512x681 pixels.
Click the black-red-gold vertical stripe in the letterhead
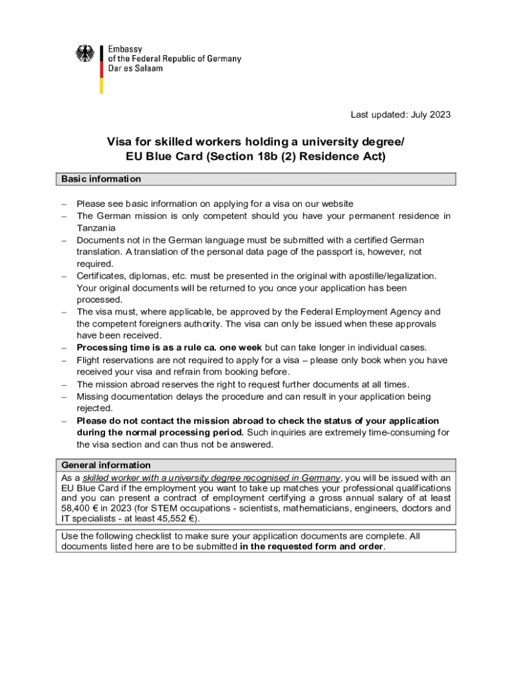pos(102,69)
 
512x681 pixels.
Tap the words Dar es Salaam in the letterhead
pos(135,68)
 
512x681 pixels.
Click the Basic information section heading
pos(101,179)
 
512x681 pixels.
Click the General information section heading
pos(106,465)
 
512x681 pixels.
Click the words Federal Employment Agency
pos(359,312)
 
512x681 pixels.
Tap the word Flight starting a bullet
pos(89,360)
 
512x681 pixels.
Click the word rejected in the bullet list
pos(94,408)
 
